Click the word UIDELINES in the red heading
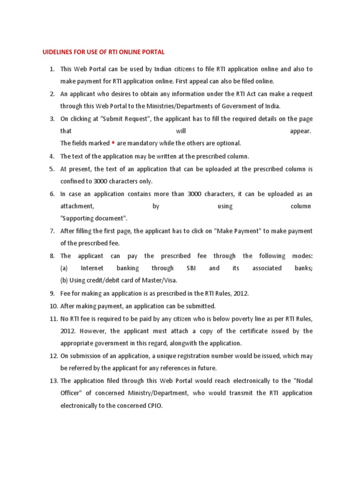pyautogui.click(x=55, y=51)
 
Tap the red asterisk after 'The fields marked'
pyautogui.click(x=113, y=143)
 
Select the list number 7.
pyautogui.click(x=52, y=231)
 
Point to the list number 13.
pyautogui.click(x=52, y=381)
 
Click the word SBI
pyautogui.click(x=191, y=268)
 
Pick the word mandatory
pyautogui.click(x=143, y=143)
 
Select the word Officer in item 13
pyautogui.click(x=71, y=393)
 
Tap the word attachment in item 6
pyautogui.click(x=77, y=206)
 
